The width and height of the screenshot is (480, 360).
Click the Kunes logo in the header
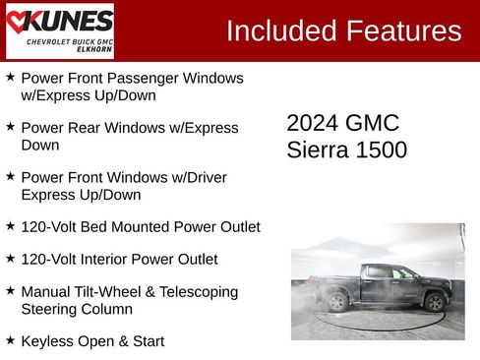pyautogui.click(x=60, y=30)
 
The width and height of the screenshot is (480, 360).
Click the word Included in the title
pyautogui.click(x=278, y=30)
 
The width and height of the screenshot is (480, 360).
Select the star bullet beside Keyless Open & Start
pyautogui.click(x=10, y=339)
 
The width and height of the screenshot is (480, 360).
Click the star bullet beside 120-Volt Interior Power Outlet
pyautogui.click(x=10, y=258)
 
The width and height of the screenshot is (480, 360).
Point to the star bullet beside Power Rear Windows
pyautogui.click(x=10, y=127)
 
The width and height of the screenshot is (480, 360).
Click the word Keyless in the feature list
pyautogui.click(x=47, y=341)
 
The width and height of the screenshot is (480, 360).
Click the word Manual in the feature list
pyautogui.click(x=46, y=292)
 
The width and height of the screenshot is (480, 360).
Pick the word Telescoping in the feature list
pyautogui.click(x=195, y=292)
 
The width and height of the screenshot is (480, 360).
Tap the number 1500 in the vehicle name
pyautogui.click(x=382, y=150)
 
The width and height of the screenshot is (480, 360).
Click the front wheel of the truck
pyautogui.click(x=434, y=302)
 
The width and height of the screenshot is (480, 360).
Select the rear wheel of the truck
pyautogui.click(x=338, y=302)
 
